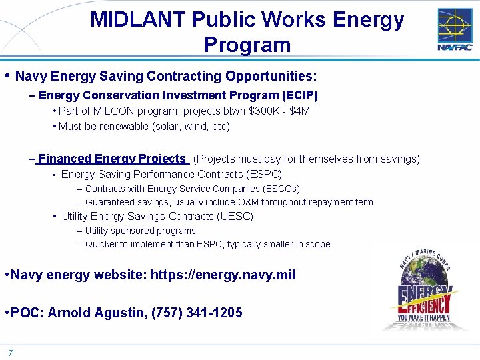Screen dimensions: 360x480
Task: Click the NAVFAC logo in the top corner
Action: pyautogui.click(x=455, y=29)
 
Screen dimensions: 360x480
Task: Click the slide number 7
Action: pyautogui.click(x=11, y=353)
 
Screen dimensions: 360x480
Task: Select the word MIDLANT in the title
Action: pyautogui.click(x=138, y=20)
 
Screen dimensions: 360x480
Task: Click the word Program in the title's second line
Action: pyautogui.click(x=247, y=45)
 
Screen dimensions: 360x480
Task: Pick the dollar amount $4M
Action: pyautogui.click(x=299, y=111)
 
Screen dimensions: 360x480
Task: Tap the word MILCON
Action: pyautogui.click(x=115, y=111)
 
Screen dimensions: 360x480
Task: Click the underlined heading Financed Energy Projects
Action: pyautogui.click(x=112, y=159)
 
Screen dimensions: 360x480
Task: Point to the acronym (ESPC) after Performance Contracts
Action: pyautogui.click(x=263, y=175)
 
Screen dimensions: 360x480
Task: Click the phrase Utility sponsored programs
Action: pyautogui.click(x=140, y=231)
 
